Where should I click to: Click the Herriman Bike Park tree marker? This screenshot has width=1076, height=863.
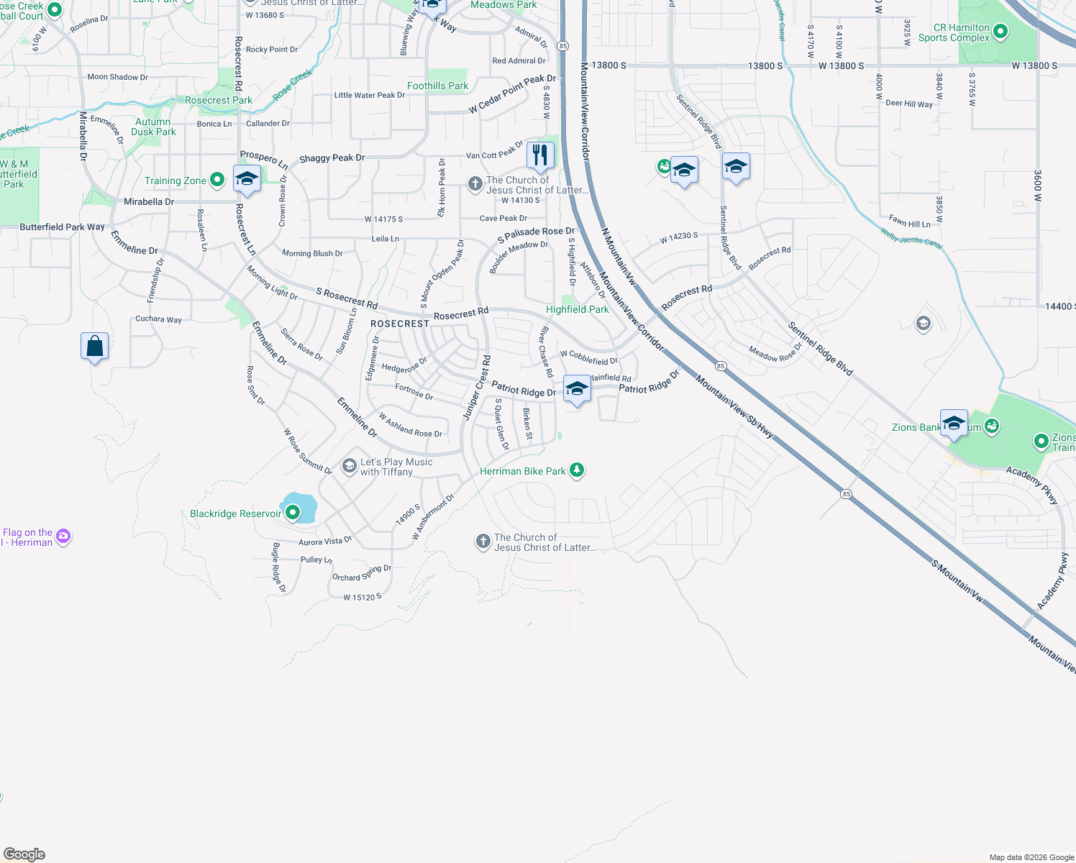click(576, 470)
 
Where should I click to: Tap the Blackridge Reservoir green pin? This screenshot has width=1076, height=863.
click(293, 513)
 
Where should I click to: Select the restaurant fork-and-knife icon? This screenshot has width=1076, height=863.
click(539, 155)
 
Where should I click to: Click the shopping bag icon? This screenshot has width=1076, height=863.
click(94, 347)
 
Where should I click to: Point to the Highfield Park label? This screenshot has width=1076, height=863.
click(577, 309)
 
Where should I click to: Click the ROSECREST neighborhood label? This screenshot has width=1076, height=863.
click(399, 324)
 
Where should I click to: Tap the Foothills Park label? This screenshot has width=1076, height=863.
click(437, 86)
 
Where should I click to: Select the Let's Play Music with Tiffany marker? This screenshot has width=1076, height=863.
click(350, 467)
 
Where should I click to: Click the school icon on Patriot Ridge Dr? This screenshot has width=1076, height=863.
click(576, 389)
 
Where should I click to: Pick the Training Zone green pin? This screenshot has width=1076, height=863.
click(217, 181)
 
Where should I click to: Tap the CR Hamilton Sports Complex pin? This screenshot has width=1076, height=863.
click(1000, 32)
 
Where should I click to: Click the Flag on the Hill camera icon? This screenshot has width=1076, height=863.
click(63, 536)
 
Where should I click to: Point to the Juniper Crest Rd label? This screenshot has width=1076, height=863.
click(476, 388)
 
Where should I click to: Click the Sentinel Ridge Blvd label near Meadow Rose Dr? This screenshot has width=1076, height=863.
click(820, 349)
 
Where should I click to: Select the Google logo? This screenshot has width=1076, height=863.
click(24, 854)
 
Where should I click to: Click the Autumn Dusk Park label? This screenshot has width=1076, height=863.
click(153, 127)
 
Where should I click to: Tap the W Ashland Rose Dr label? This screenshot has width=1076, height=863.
click(410, 425)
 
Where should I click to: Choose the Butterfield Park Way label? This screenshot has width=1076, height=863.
click(62, 227)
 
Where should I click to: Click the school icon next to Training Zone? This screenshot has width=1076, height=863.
click(247, 178)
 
